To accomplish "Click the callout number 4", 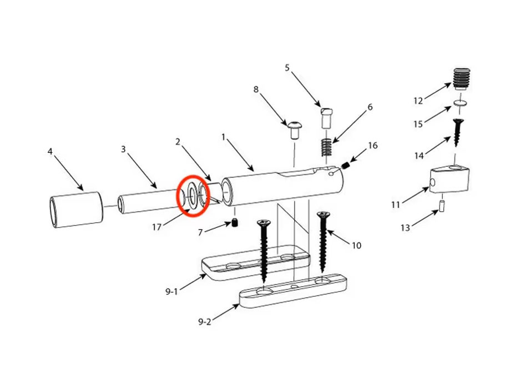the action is tap(50, 152).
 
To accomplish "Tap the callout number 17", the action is tap(156, 227).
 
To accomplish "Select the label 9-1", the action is tap(171, 292).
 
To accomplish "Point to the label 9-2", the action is tap(205, 322).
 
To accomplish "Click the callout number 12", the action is tap(418, 101).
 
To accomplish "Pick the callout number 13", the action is tap(405, 227).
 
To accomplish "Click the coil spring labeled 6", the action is tap(327, 147).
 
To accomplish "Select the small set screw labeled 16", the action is tap(346, 165).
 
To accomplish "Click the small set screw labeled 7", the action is tap(235, 223).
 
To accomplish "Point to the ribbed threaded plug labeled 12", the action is tap(461, 79).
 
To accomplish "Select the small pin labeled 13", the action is tap(442, 206).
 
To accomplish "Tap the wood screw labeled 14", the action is tap(457, 132).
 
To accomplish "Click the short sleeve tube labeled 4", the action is tap(77, 210).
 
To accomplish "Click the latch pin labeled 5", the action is tap(326, 118).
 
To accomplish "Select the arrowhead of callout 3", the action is tap(154, 186).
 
